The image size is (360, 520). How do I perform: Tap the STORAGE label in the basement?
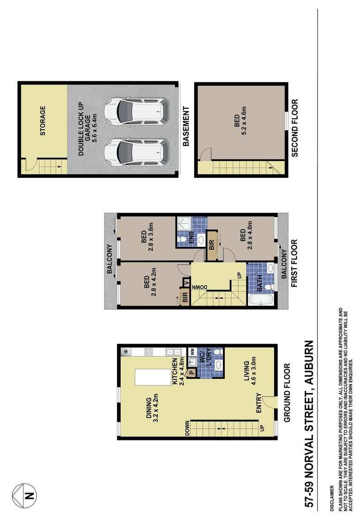43,121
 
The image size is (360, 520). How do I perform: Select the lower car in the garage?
136,152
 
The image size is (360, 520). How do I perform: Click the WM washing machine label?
192,351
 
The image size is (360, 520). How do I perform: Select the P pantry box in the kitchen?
191,373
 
